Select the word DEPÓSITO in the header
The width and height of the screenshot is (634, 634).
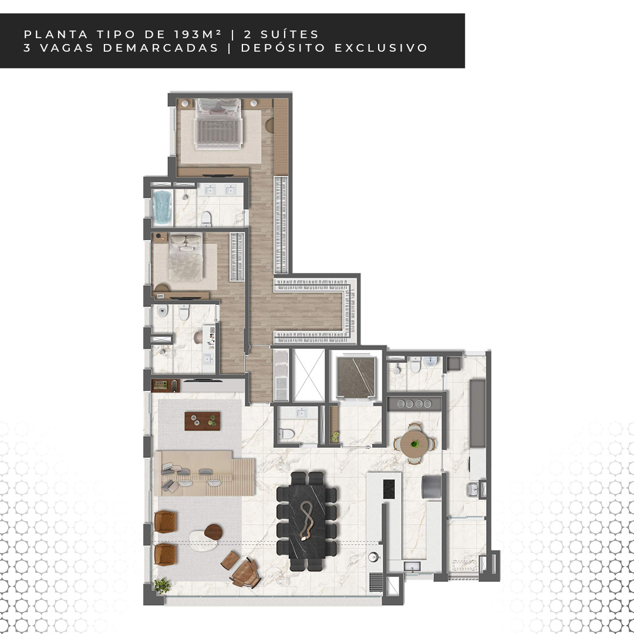(283, 48)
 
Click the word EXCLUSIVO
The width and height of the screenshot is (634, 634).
(381, 48)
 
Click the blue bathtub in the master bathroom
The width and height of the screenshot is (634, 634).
(162, 207)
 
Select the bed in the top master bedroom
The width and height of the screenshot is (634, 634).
(218, 124)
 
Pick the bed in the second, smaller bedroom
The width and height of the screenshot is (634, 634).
(186, 257)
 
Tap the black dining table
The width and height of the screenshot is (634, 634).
(307, 521)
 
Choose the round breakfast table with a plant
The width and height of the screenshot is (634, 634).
(414, 444)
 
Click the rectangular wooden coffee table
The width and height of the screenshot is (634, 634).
(202, 421)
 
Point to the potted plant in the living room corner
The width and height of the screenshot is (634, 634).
(162, 585)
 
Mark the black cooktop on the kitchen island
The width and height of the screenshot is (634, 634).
(389, 489)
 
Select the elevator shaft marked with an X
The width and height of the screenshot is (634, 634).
(309, 375)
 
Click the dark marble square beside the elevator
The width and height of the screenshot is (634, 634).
(356, 376)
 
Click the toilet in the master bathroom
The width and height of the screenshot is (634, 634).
(206, 219)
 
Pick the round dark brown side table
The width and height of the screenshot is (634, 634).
(213, 532)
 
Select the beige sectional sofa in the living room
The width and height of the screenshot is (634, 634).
(204, 473)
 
